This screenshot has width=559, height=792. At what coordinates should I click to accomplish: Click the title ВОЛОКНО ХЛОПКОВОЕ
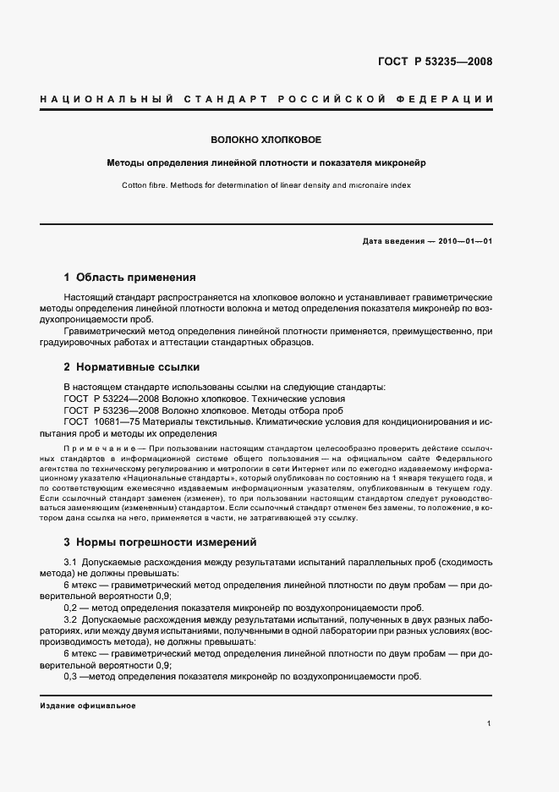[266, 139]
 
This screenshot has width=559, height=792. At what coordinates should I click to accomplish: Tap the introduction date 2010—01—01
[463, 241]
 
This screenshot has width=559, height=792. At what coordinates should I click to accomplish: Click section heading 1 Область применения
[130, 277]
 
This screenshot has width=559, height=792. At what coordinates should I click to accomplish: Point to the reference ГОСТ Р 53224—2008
[107, 398]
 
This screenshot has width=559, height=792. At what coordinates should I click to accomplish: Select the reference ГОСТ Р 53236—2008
[107, 409]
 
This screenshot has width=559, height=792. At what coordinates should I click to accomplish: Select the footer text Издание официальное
[88, 706]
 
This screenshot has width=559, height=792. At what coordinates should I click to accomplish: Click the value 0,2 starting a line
[71, 608]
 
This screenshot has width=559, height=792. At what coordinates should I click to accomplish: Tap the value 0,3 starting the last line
[71, 677]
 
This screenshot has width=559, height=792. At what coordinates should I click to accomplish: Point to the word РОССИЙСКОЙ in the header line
[321, 100]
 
